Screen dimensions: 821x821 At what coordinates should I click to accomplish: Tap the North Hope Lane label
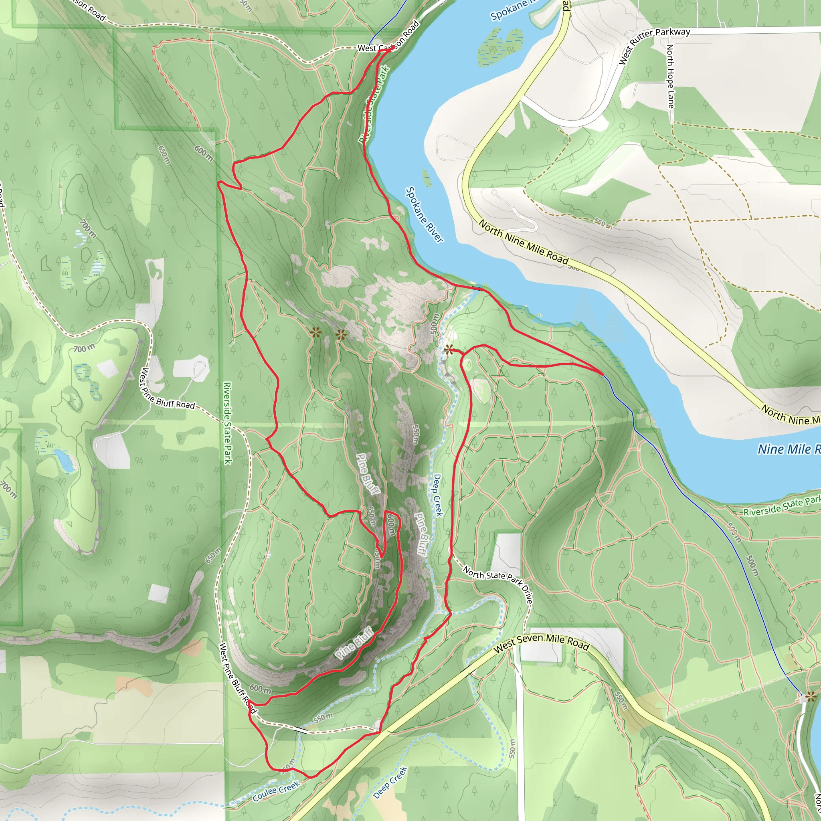pos(670,77)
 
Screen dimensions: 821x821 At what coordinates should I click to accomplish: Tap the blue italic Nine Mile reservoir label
pos(788,449)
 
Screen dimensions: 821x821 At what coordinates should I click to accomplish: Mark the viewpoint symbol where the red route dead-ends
pos(449,350)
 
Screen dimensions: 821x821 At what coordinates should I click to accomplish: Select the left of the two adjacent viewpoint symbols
pos(314,333)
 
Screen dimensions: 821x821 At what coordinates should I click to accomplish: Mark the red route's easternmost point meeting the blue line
pos(603,374)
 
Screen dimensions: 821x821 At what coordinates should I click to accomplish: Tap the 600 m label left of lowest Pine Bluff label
pos(260,689)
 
